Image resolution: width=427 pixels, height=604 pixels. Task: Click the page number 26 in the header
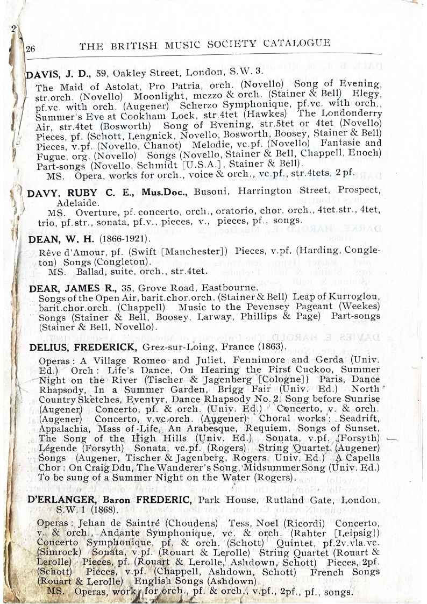coord(30,48)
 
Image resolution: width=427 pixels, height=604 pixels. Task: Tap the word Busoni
coord(211,191)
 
